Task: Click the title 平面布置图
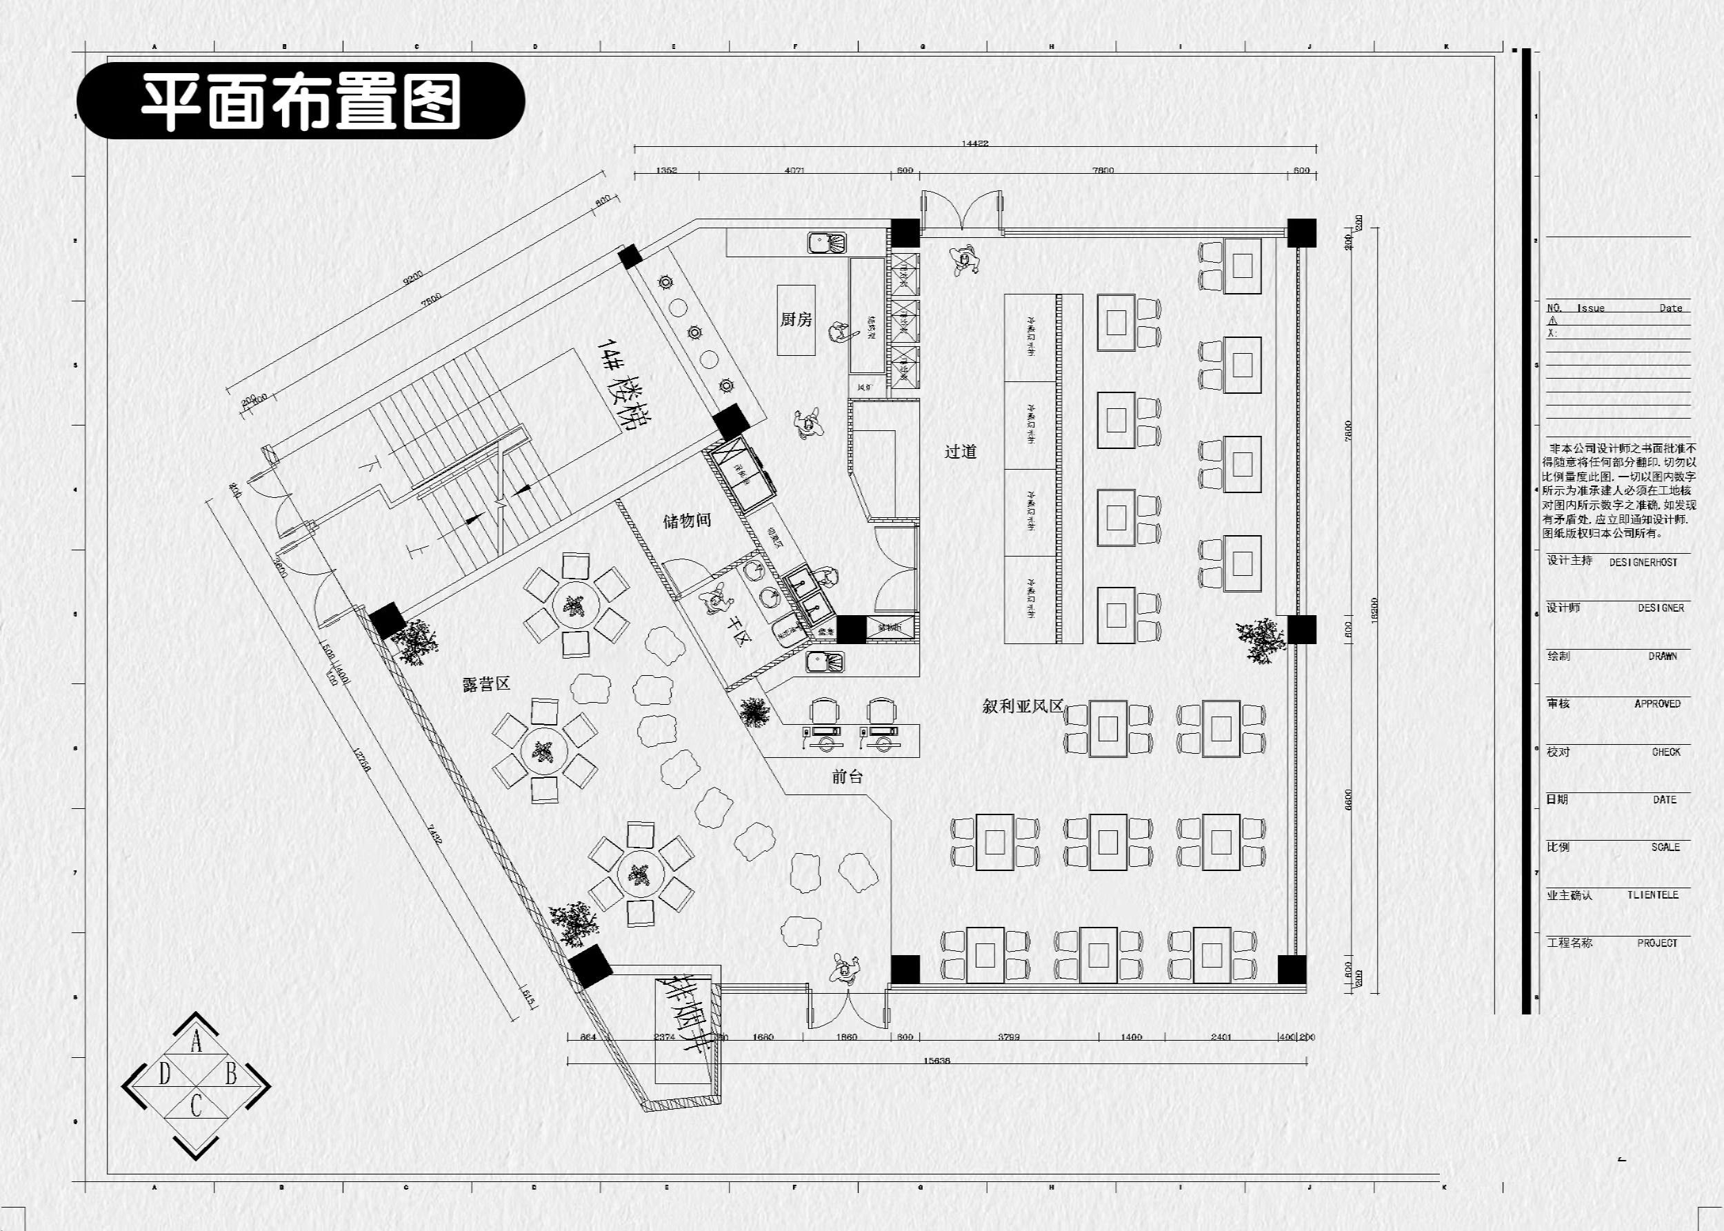301,101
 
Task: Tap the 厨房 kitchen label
796,319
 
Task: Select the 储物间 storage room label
687,521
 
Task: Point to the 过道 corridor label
960,452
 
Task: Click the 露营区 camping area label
485,683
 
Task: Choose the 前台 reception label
848,777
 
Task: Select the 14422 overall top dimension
974,143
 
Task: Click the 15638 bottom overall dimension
936,1061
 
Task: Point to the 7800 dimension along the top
1103,170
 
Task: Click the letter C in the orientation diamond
197,1107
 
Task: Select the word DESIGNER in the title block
1661,608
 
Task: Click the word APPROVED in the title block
1657,704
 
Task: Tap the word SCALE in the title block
1665,848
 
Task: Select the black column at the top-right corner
1301,232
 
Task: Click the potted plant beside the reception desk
754,712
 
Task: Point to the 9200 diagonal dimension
413,277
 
